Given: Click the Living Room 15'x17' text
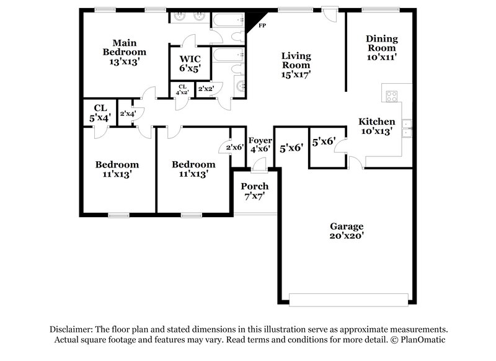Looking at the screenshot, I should pos(296,65).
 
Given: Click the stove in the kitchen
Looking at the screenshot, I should pos(392,96).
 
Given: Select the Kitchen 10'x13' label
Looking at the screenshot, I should pos(376,126).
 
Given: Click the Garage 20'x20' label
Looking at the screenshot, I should pos(347,231).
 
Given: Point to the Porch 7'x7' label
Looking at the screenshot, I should pos(254,191).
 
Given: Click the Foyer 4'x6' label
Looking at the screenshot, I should pos(260,144).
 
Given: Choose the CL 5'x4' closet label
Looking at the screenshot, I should pos(100,112).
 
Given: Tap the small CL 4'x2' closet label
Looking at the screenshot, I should pos(183,90).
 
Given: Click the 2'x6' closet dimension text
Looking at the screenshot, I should pos(234,148).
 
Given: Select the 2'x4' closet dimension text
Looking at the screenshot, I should pos(128,113).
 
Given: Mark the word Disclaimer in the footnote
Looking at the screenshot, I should pos(75,329).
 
